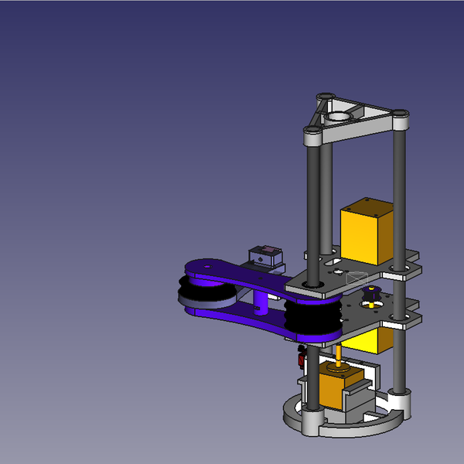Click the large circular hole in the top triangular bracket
338,117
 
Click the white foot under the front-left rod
310,421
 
